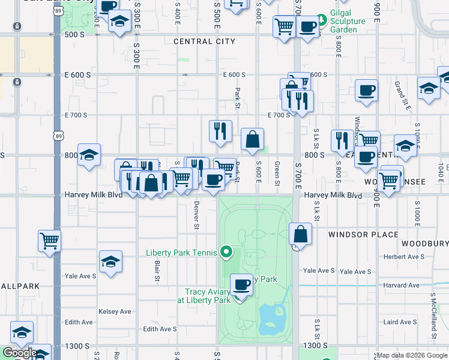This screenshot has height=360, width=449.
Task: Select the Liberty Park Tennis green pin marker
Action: tap(226, 252)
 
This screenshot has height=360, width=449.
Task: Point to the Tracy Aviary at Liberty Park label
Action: tap(208, 296)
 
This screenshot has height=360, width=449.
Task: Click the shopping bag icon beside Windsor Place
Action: tap(301, 233)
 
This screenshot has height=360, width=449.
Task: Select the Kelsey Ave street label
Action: tap(115, 311)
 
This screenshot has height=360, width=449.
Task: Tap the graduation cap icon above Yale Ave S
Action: tap(110, 262)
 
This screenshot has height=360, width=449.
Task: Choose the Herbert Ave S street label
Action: tap(405, 256)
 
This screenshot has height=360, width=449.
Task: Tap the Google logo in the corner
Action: tap(20, 353)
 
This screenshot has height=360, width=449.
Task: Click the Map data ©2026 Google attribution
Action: tap(412, 355)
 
